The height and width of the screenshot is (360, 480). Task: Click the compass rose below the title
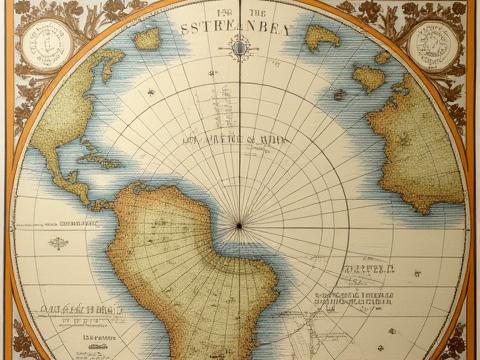240,45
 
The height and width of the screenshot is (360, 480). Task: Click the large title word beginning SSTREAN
236,28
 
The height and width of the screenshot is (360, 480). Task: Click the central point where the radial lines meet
238,226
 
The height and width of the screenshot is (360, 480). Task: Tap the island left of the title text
148,39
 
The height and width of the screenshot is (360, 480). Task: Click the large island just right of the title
322,38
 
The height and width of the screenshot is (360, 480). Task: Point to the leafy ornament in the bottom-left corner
20,340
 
